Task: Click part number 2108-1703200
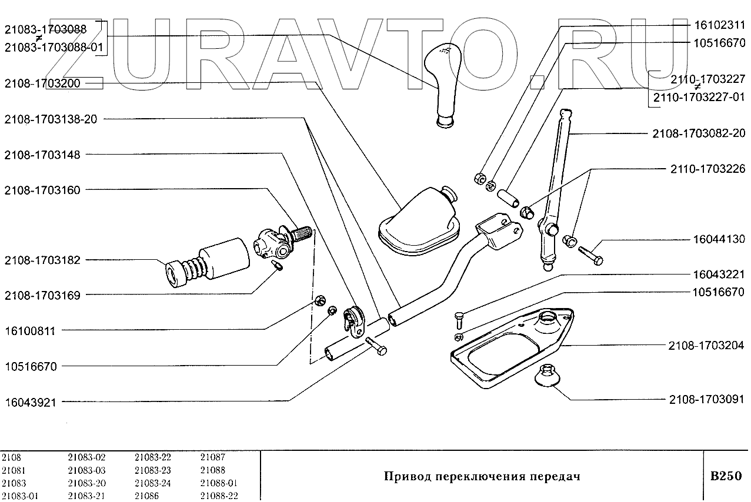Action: click(42, 83)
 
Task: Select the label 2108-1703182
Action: click(42, 260)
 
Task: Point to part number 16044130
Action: click(719, 239)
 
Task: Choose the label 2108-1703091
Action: click(706, 399)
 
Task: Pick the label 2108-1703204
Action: click(706, 345)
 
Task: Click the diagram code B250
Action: click(726, 476)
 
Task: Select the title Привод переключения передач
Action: click(482, 476)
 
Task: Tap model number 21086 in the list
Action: click(147, 496)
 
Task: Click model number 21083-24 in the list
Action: click(152, 483)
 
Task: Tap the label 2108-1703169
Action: click(42, 295)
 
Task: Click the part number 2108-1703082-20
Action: click(698, 133)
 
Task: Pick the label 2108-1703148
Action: click(42, 155)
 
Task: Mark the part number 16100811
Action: click(30, 331)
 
